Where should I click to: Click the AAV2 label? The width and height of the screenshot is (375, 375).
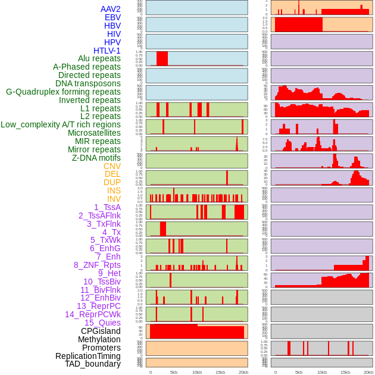point(110,9)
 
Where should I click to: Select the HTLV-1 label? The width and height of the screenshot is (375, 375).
point(107,51)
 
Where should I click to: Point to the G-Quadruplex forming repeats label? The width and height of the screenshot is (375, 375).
point(63,92)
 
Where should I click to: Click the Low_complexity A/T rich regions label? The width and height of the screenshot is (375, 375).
point(60,124)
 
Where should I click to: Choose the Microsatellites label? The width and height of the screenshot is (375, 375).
point(94,133)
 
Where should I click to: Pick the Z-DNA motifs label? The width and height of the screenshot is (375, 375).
point(96,158)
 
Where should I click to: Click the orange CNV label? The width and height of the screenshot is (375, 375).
point(112,166)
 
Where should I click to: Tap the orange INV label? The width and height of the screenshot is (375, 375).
point(114,199)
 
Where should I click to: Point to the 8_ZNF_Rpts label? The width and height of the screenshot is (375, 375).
point(97,265)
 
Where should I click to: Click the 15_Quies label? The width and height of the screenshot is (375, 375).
point(102,323)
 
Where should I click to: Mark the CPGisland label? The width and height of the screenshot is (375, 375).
point(101,331)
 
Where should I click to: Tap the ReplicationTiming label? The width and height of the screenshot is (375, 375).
point(87,356)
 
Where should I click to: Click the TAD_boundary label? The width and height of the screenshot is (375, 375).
point(92,364)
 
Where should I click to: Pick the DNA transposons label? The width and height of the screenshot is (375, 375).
point(88,83)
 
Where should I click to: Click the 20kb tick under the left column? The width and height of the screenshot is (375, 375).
point(243,372)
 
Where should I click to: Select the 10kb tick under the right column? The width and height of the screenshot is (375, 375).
point(321,372)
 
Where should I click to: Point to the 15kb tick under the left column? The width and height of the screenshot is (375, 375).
point(220,372)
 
